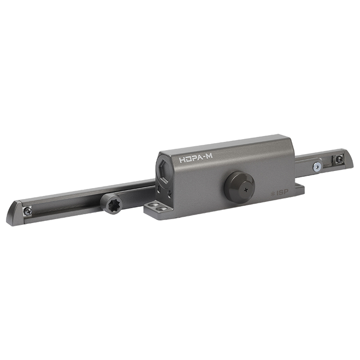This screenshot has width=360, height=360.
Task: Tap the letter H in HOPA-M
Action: point(182,160)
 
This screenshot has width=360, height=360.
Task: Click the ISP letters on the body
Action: point(283,193)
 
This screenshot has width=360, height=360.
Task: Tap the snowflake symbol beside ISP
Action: point(273,193)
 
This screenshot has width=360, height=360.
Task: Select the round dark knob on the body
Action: point(239,186)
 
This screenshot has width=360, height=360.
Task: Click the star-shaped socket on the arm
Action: point(112,204)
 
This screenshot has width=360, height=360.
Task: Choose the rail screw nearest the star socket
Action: point(28,210)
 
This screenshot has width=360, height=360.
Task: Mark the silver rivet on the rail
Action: point(318,166)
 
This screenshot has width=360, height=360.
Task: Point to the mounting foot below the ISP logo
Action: point(297,189)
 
